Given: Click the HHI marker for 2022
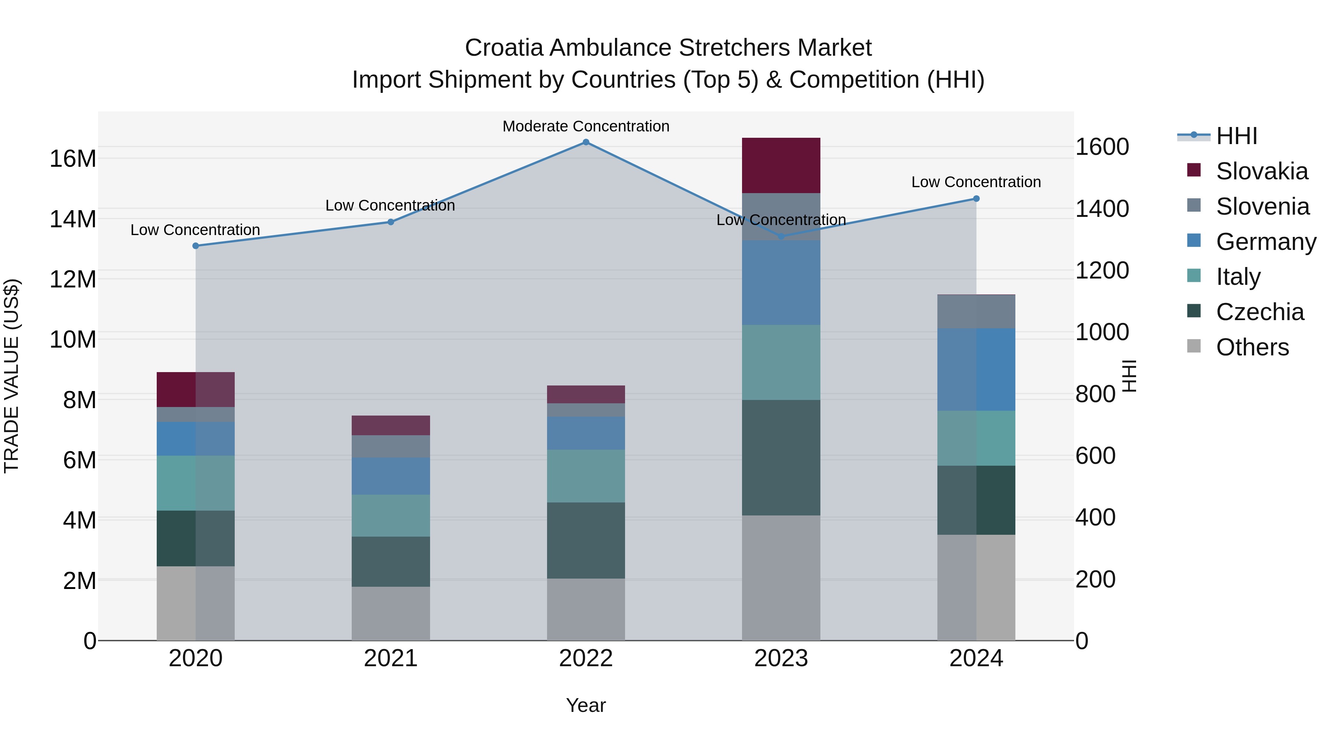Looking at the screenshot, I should tap(586, 142).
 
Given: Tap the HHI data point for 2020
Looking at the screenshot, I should tap(196, 246).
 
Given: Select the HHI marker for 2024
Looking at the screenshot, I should tap(976, 199).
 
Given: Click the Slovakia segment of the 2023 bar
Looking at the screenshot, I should tap(781, 166).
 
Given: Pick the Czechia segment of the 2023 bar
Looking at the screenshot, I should tap(781, 458).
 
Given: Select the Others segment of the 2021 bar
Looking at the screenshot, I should tap(391, 613).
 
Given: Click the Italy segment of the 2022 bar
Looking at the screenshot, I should tap(586, 476).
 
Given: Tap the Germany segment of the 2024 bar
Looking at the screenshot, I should tap(976, 370).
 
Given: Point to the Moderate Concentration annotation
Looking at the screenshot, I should tap(586, 126).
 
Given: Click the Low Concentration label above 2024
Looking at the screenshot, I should tap(976, 182).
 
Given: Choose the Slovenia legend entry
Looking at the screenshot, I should tap(1262, 206).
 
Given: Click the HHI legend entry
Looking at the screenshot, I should tap(1237, 136).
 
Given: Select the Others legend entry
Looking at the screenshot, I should tap(1252, 347).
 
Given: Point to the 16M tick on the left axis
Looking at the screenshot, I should tap(73, 158).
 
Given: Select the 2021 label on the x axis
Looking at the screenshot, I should tap(391, 658).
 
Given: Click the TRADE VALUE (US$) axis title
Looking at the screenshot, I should tap(12, 376).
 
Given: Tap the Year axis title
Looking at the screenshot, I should tap(586, 705).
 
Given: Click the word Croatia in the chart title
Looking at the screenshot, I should tap(504, 48).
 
